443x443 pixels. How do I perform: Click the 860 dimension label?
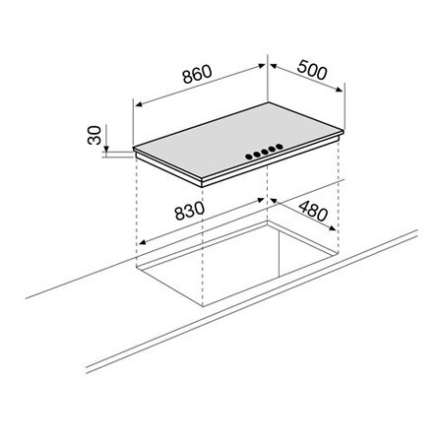coord(198,74)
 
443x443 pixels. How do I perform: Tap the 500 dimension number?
coord(312,70)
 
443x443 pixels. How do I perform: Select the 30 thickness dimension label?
coord(95,135)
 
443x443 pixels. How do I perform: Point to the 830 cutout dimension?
coord(189,211)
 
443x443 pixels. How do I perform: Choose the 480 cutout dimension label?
coord(313,211)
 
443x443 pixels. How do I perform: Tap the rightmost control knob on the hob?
coord(280,146)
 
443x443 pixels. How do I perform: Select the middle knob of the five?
coord(265,152)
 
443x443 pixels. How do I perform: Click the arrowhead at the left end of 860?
coord(139,104)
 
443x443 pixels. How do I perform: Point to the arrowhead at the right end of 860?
coord(262,66)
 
